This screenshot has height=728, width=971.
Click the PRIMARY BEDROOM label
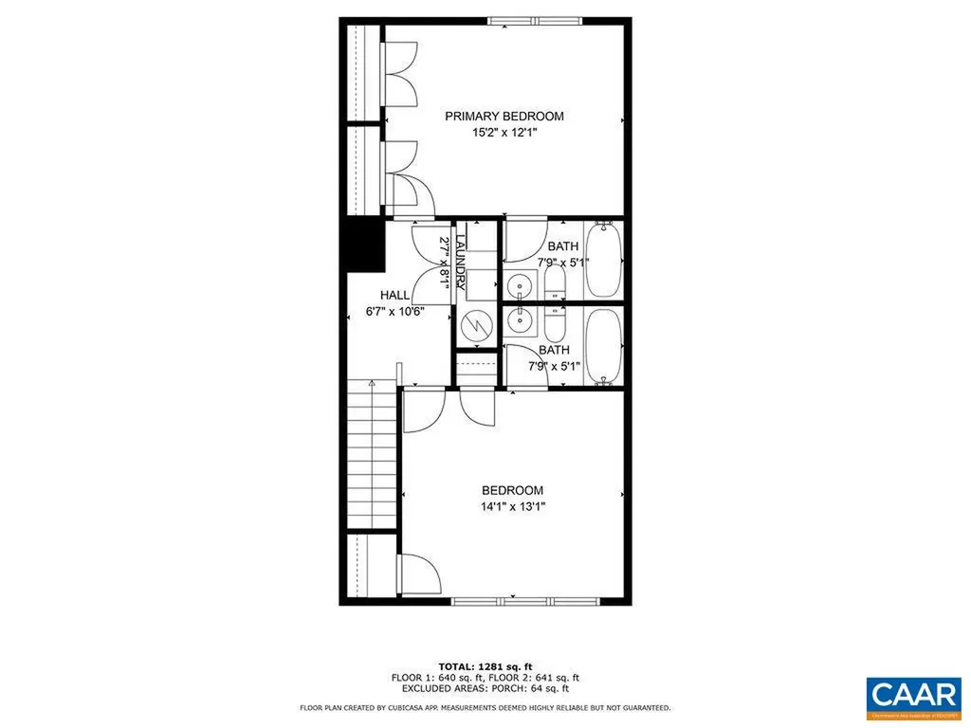[504, 117]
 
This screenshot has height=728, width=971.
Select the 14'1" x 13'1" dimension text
[513, 507]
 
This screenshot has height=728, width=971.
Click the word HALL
[394, 295]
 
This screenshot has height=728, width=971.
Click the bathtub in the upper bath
[603, 259]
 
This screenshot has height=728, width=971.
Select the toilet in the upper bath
[556, 282]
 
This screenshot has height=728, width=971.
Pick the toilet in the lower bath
[556, 323]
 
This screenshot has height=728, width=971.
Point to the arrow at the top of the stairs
[373, 383]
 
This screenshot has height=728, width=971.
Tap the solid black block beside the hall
[363, 244]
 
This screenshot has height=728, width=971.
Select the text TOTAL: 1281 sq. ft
[485, 665]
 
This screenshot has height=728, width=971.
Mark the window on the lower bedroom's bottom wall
[524, 601]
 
